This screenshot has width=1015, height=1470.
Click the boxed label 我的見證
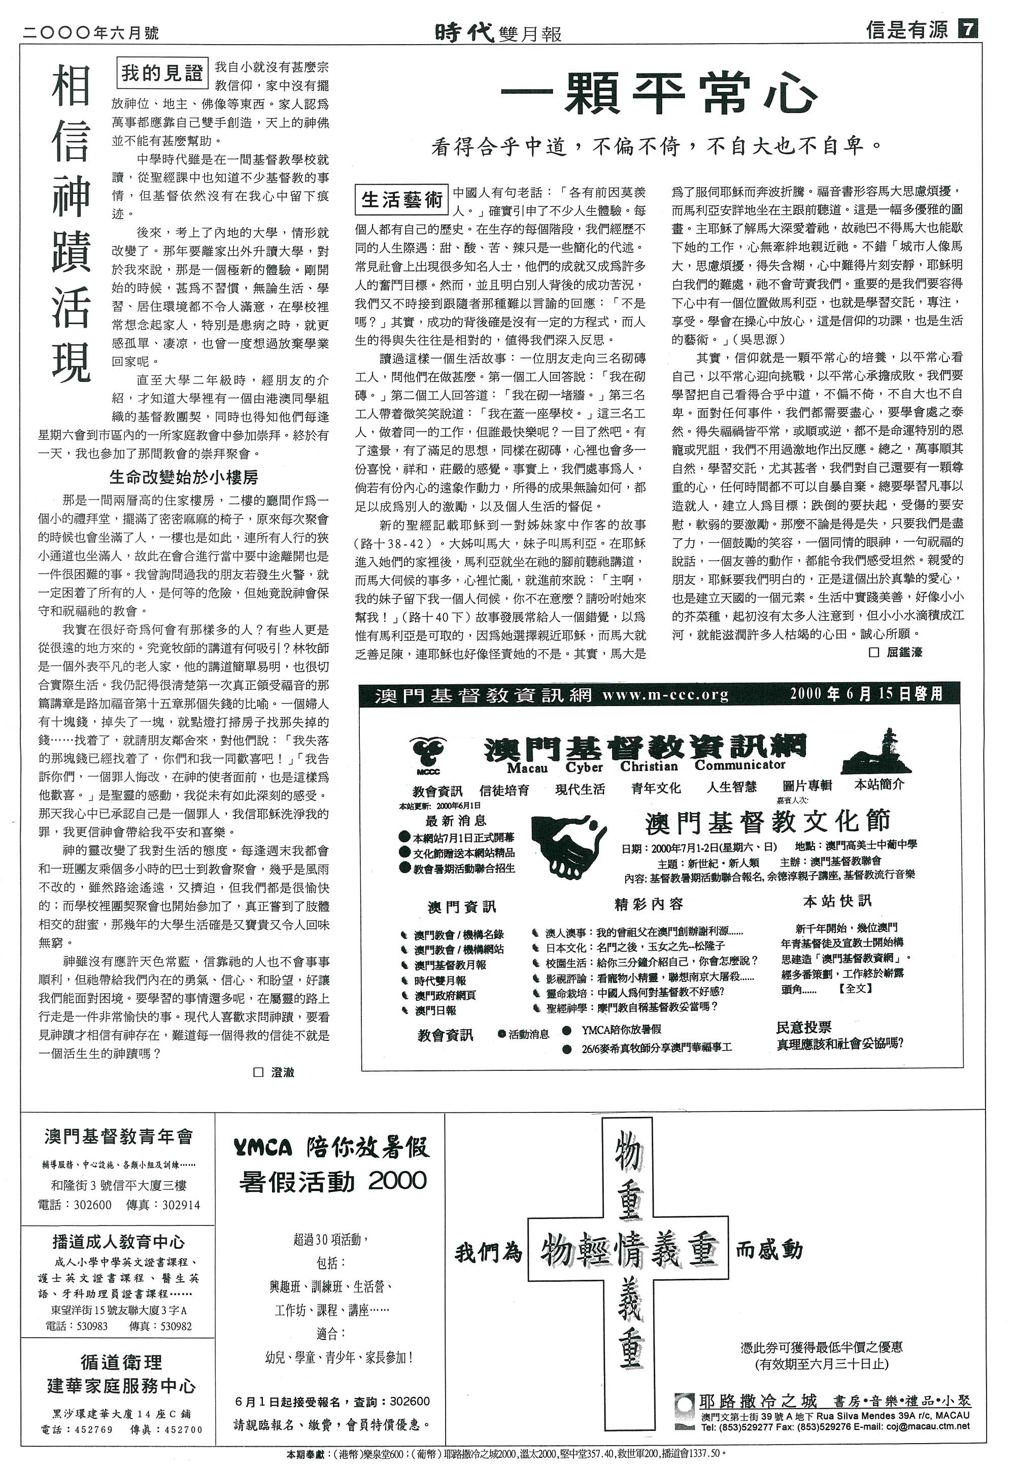tap(161, 74)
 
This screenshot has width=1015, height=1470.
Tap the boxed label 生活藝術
tap(402, 200)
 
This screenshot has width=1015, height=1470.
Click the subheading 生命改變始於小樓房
tap(184, 477)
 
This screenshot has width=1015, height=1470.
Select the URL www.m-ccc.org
tap(665, 694)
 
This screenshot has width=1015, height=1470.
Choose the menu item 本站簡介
tap(879, 785)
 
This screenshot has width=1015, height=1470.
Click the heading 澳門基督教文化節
tap(768, 822)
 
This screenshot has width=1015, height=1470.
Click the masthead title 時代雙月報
tap(498, 32)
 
